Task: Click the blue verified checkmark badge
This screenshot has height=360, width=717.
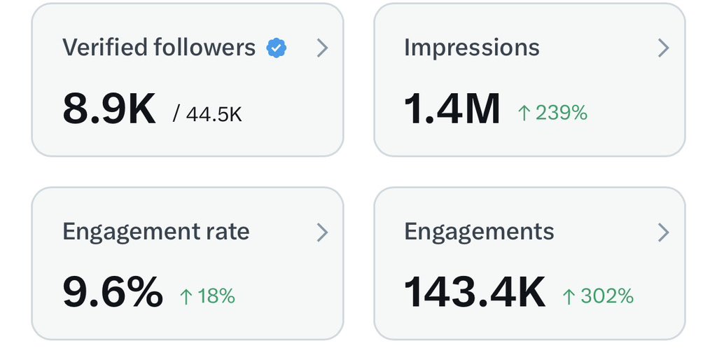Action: pyautogui.click(x=277, y=48)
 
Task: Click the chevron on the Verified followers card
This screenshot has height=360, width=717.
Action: pyautogui.click(x=322, y=48)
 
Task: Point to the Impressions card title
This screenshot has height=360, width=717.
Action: pyautogui.click(x=471, y=48)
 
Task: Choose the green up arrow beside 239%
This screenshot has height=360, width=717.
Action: pyautogui.click(x=524, y=113)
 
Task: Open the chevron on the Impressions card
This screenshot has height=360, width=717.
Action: pyautogui.click(x=663, y=48)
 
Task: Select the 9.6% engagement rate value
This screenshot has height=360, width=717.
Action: pyautogui.click(x=113, y=293)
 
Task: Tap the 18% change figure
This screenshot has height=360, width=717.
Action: pyautogui.click(x=216, y=296)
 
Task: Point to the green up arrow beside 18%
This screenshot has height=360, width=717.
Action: pyautogui.click(x=186, y=297)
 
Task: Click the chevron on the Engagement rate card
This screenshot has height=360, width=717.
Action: pyautogui.click(x=322, y=232)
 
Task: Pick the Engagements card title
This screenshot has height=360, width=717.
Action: pyautogui.click(x=479, y=232)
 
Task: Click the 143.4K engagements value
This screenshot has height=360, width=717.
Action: pyautogui.click(x=475, y=293)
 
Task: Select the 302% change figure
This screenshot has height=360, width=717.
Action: pyautogui.click(x=607, y=296)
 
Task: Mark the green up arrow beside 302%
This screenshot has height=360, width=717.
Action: pyautogui.click(x=569, y=297)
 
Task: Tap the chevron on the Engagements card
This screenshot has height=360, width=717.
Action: pyautogui.click(x=663, y=232)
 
